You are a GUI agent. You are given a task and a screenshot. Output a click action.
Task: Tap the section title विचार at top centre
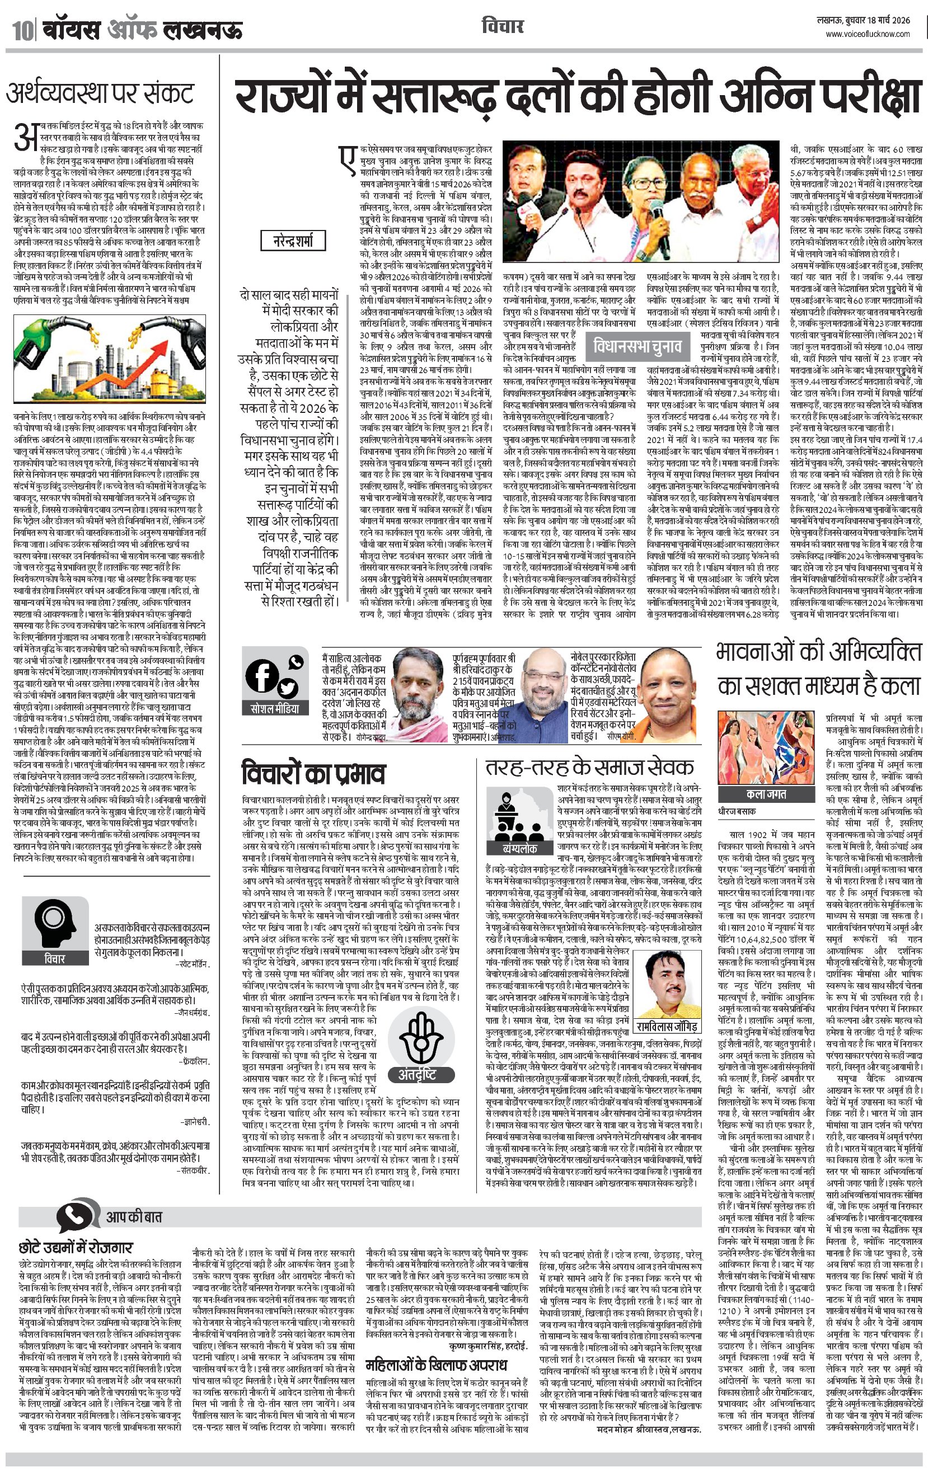click(x=502, y=27)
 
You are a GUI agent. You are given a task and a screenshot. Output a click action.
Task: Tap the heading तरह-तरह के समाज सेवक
click(x=589, y=767)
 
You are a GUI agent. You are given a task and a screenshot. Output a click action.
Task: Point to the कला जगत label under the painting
click(x=766, y=793)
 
